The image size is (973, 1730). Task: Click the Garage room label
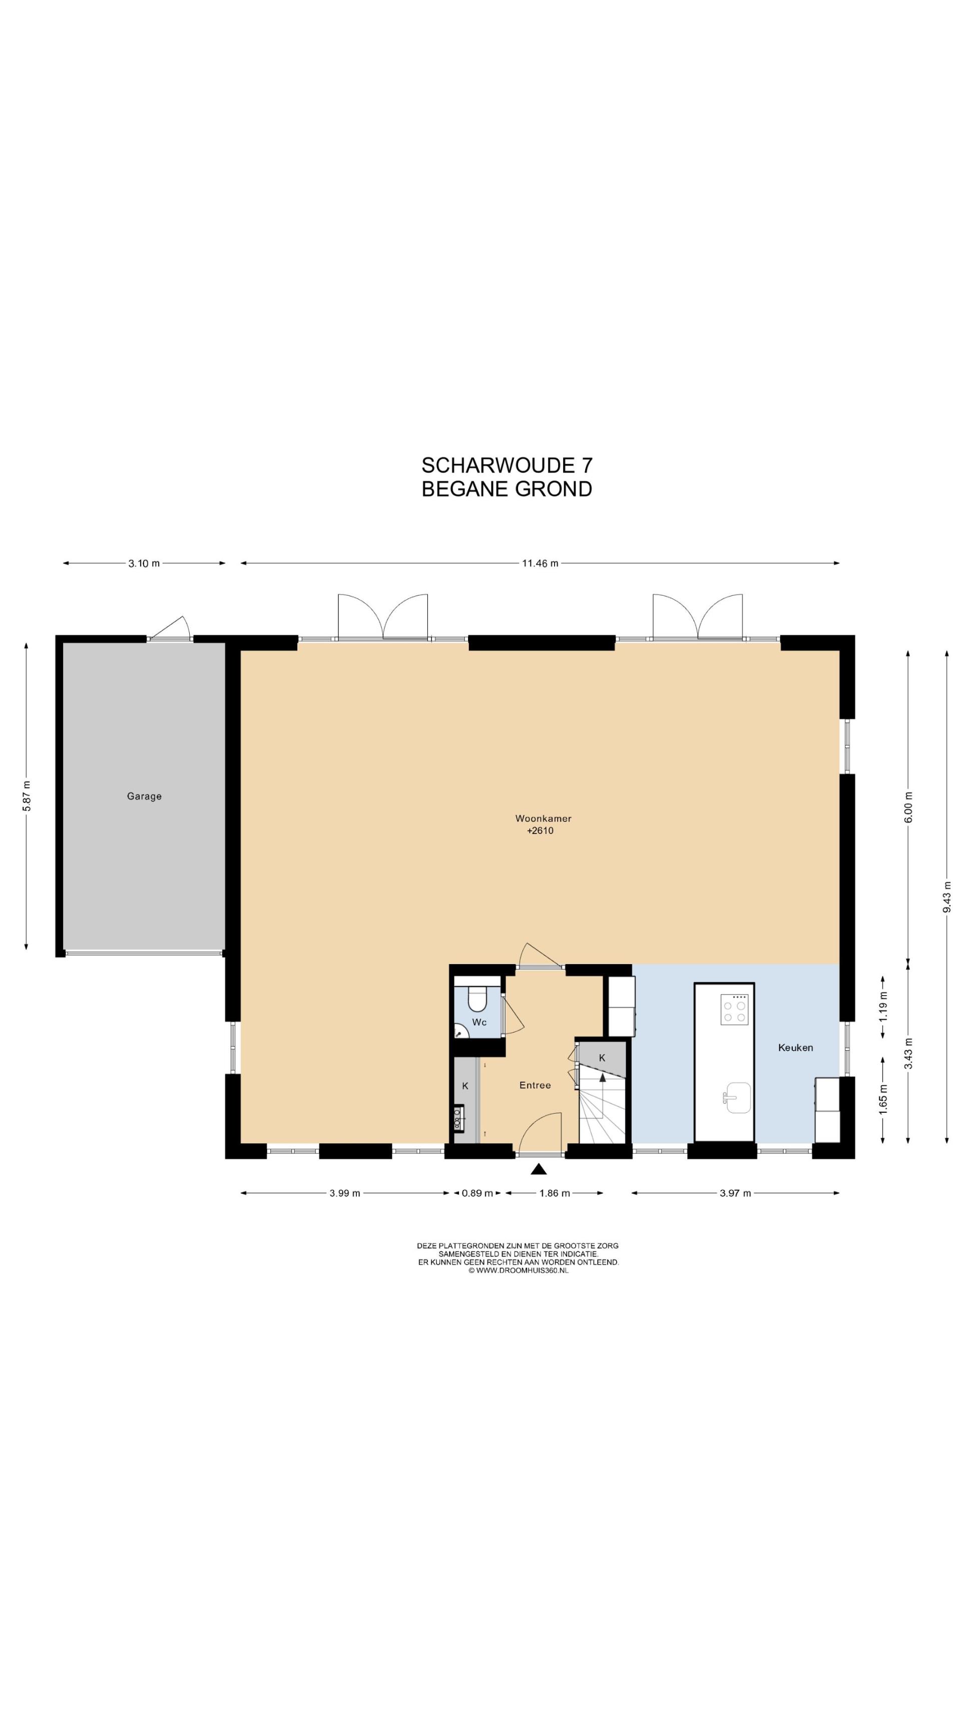pos(144,796)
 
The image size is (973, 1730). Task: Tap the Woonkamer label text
pos(543,818)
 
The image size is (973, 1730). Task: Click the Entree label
pos(535,1085)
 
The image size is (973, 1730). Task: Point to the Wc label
pos(479,1022)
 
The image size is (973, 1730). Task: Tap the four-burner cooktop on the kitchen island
pos(733,1009)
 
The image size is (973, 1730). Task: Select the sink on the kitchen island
pos(738,1097)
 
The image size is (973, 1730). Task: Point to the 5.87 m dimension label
pos(26,796)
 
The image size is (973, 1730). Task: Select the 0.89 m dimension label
pos(477,1193)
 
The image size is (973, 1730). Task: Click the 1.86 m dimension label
pos(554,1193)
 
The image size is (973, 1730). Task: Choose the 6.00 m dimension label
pos(908,806)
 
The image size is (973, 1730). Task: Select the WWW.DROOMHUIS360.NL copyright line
pos(518,1270)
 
